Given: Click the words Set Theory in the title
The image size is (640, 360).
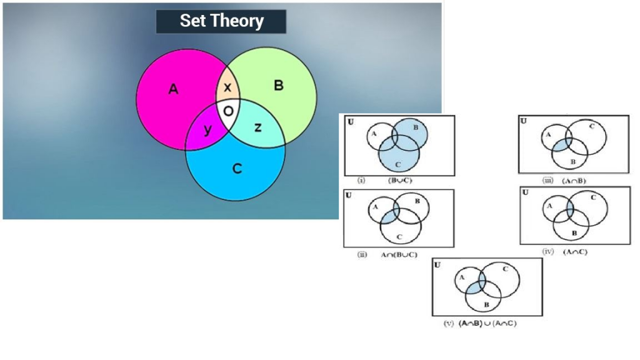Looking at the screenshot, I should point(221,21).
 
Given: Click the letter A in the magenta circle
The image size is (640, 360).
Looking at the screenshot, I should point(173,90).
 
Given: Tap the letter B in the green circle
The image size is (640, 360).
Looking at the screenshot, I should point(279,86).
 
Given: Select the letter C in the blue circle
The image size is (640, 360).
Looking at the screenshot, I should point(237,168).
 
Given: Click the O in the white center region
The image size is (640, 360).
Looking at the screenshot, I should point(229,111).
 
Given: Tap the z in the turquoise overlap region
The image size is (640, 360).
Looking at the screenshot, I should point(257,127).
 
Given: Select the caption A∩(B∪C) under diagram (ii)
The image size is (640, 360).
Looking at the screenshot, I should point(399,254).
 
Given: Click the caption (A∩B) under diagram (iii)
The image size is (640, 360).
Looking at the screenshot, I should point(572,181).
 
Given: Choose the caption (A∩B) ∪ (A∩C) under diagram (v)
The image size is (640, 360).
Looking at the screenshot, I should point(487,324).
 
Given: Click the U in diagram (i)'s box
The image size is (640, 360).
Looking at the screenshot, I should point(351,121).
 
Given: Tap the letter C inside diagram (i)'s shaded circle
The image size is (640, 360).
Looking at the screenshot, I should point(397,164).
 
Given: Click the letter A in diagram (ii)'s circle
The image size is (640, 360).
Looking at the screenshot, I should point(376,207).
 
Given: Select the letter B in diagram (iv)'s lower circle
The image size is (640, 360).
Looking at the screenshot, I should point(574,233).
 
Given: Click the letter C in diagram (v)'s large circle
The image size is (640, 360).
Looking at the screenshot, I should point(504,269).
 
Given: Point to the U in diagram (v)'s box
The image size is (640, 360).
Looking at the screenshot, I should point(437,265).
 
